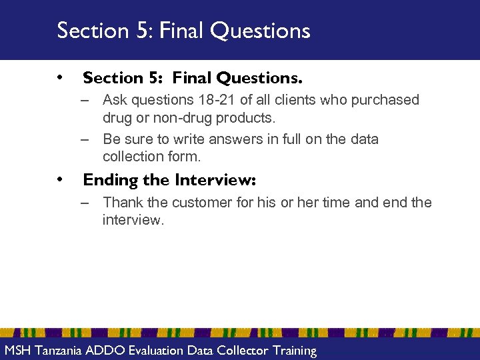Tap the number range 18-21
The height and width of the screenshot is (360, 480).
pos(213,101)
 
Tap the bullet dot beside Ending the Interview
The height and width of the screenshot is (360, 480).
pos(61,179)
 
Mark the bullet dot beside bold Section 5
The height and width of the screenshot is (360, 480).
pos(61,77)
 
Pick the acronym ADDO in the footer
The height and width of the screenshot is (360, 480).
pos(108,351)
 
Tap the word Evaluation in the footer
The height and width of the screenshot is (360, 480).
pos(157,351)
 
